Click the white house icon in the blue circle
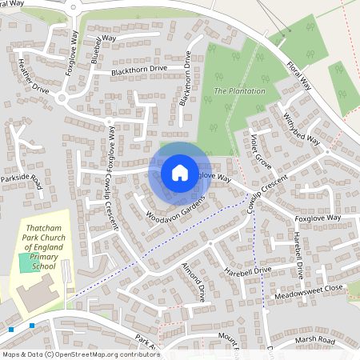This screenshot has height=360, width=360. (179, 173)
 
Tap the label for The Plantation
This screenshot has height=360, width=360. (239, 91)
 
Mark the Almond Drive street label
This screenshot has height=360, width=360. (194, 279)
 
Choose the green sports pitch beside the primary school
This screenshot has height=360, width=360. (32, 262)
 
